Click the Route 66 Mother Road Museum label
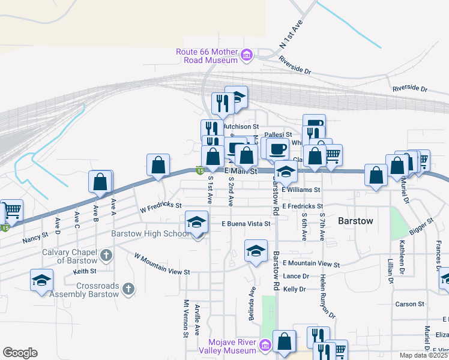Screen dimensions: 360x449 [206, 56]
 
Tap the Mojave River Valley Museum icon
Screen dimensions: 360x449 [264, 344]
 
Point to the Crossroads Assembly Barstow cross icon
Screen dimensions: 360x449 [127, 290]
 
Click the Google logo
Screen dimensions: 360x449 [20, 353]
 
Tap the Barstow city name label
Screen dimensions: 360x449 [355, 221]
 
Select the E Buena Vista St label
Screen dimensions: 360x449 [246, 223]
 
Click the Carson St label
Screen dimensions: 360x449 [409, 304]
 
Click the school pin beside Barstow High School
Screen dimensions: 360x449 [197, 223]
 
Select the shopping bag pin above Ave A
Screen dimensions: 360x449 [100, 181]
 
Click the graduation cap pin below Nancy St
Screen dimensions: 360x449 [42, 280]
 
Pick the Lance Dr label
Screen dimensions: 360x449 [295, 276]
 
